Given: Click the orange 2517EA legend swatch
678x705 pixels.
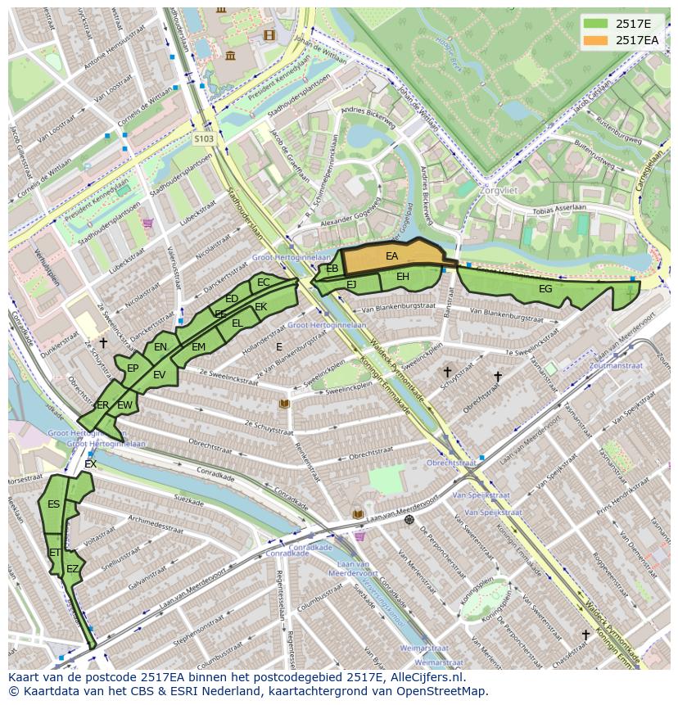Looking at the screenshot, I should point(596,40).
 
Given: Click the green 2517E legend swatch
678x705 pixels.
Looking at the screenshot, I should point(596,24).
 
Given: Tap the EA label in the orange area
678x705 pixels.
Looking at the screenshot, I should point(391,256).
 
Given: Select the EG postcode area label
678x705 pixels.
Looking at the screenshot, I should point(545,289).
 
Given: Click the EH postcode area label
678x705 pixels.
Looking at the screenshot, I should point(403,277).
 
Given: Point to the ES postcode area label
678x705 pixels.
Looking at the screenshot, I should point(53,504).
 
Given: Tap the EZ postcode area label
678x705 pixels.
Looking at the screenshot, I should point(73,569).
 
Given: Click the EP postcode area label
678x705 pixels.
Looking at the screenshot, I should point(133,368).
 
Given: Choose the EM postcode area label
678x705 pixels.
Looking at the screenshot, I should point(198,347).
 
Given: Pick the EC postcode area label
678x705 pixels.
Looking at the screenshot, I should point(263,282).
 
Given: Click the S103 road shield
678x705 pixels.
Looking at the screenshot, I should point(204,139).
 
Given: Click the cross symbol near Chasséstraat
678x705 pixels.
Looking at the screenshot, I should point(585,635).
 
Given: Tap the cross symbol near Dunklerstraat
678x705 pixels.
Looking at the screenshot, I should point(103,342).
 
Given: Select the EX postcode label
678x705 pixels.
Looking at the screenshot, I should point(90,464).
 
